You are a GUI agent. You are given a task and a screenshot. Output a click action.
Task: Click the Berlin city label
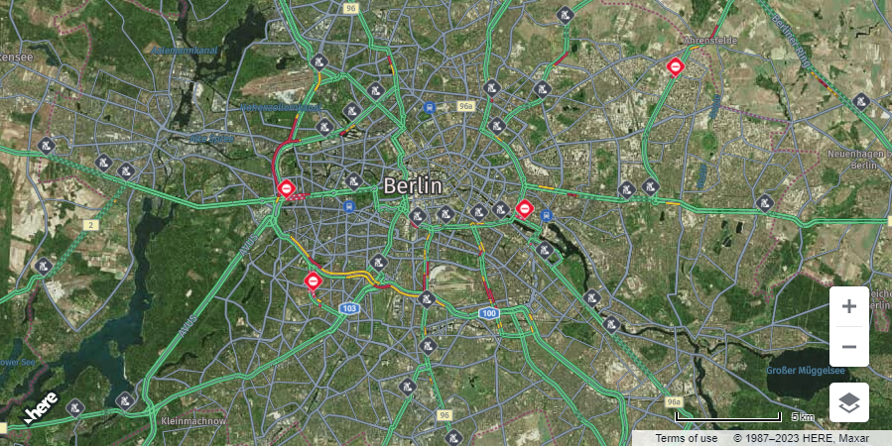[413, 185]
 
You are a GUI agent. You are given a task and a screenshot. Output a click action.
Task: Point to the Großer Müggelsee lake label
[805, 370]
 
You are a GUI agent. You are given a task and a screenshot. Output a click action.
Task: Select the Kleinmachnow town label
[192, 421]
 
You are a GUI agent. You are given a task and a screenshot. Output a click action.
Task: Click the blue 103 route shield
[348, 309]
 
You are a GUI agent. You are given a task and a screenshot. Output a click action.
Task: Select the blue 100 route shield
[488, 313]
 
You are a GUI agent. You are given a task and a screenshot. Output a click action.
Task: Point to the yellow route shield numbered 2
[90, 225]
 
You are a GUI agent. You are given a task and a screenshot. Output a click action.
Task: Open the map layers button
[849, 402]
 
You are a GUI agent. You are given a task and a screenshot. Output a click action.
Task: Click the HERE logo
[42, 408]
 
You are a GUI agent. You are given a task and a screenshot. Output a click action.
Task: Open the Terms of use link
[687, 438]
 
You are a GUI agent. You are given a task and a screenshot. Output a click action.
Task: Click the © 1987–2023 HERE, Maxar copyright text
[808, 438]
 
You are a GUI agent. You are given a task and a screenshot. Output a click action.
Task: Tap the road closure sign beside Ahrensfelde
[676, 66]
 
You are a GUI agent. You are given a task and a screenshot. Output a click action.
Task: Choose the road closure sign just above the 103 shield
[314, 281]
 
